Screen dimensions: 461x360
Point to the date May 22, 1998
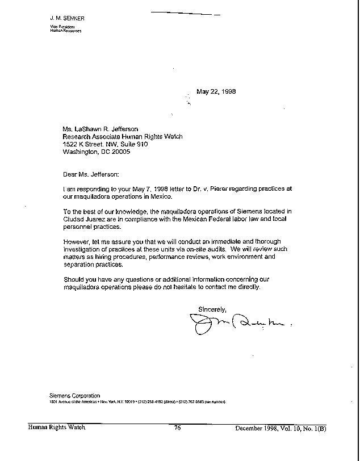point(216,91)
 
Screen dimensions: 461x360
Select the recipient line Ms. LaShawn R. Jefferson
point(101,129)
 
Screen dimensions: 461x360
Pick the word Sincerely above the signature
point(212,309)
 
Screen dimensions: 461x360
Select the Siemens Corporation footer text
point(74,396)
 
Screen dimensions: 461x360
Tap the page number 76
point(177,428)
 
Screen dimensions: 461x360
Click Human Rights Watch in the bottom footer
point(57,428)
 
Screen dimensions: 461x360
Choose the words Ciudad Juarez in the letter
point(83,219)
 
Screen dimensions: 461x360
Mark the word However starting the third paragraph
point(76,242)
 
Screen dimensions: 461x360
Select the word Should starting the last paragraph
point(73,279)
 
